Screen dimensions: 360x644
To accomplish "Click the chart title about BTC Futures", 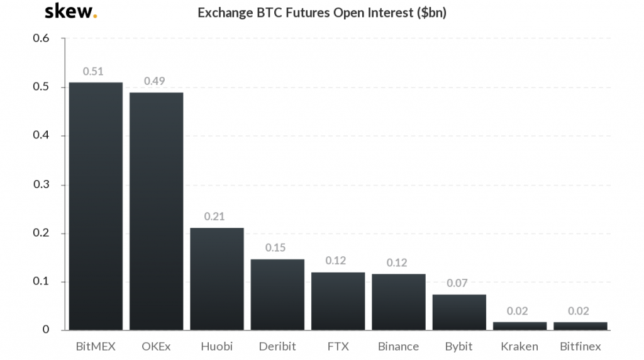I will (x=322, y=13).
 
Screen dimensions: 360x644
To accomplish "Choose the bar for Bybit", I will (x=459, y=312).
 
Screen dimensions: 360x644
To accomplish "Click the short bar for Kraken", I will (x=519, y=326).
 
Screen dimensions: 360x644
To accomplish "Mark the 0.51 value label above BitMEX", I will (x=94, y=71).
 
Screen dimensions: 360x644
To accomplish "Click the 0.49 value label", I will (x=155, y=81).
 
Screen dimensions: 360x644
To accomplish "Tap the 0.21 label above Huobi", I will (x=215, y=217).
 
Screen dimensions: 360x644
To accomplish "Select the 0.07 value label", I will (x=457, y=283).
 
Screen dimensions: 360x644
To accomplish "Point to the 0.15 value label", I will (x=275, y=247).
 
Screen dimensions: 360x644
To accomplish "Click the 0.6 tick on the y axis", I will (x=41, y=38).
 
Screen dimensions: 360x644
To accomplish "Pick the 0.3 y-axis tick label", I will (x=41, y=184).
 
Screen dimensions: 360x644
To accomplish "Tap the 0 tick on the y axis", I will (x=46, y=330).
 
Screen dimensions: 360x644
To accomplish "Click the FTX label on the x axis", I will (x=338, y=347).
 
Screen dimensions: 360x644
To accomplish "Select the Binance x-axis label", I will (x=398, y=347).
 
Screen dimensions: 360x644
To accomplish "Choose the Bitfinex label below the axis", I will (x=580, y=347).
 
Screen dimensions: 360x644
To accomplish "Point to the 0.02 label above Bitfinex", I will (x=579, y=311).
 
